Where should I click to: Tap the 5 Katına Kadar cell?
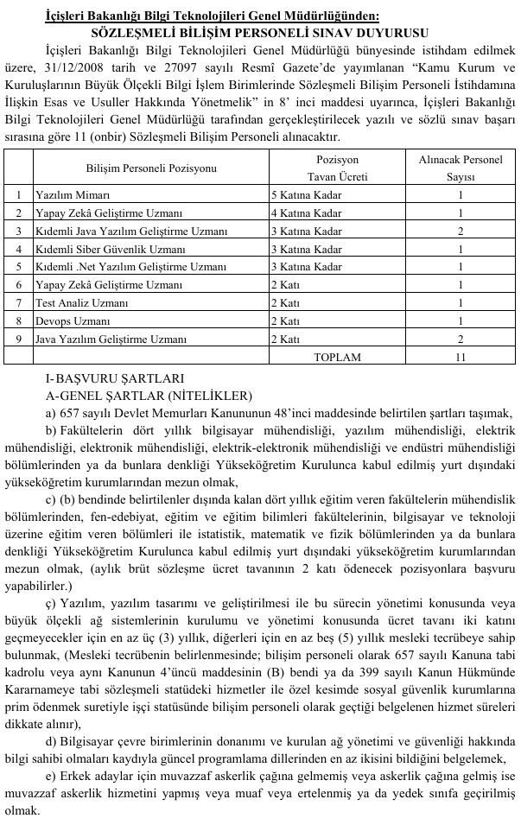tap(306, 195)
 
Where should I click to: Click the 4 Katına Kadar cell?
tap(306, 213)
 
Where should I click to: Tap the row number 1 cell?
tap(19, 195)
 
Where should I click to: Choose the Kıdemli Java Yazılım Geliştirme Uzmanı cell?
tap(131, 231)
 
